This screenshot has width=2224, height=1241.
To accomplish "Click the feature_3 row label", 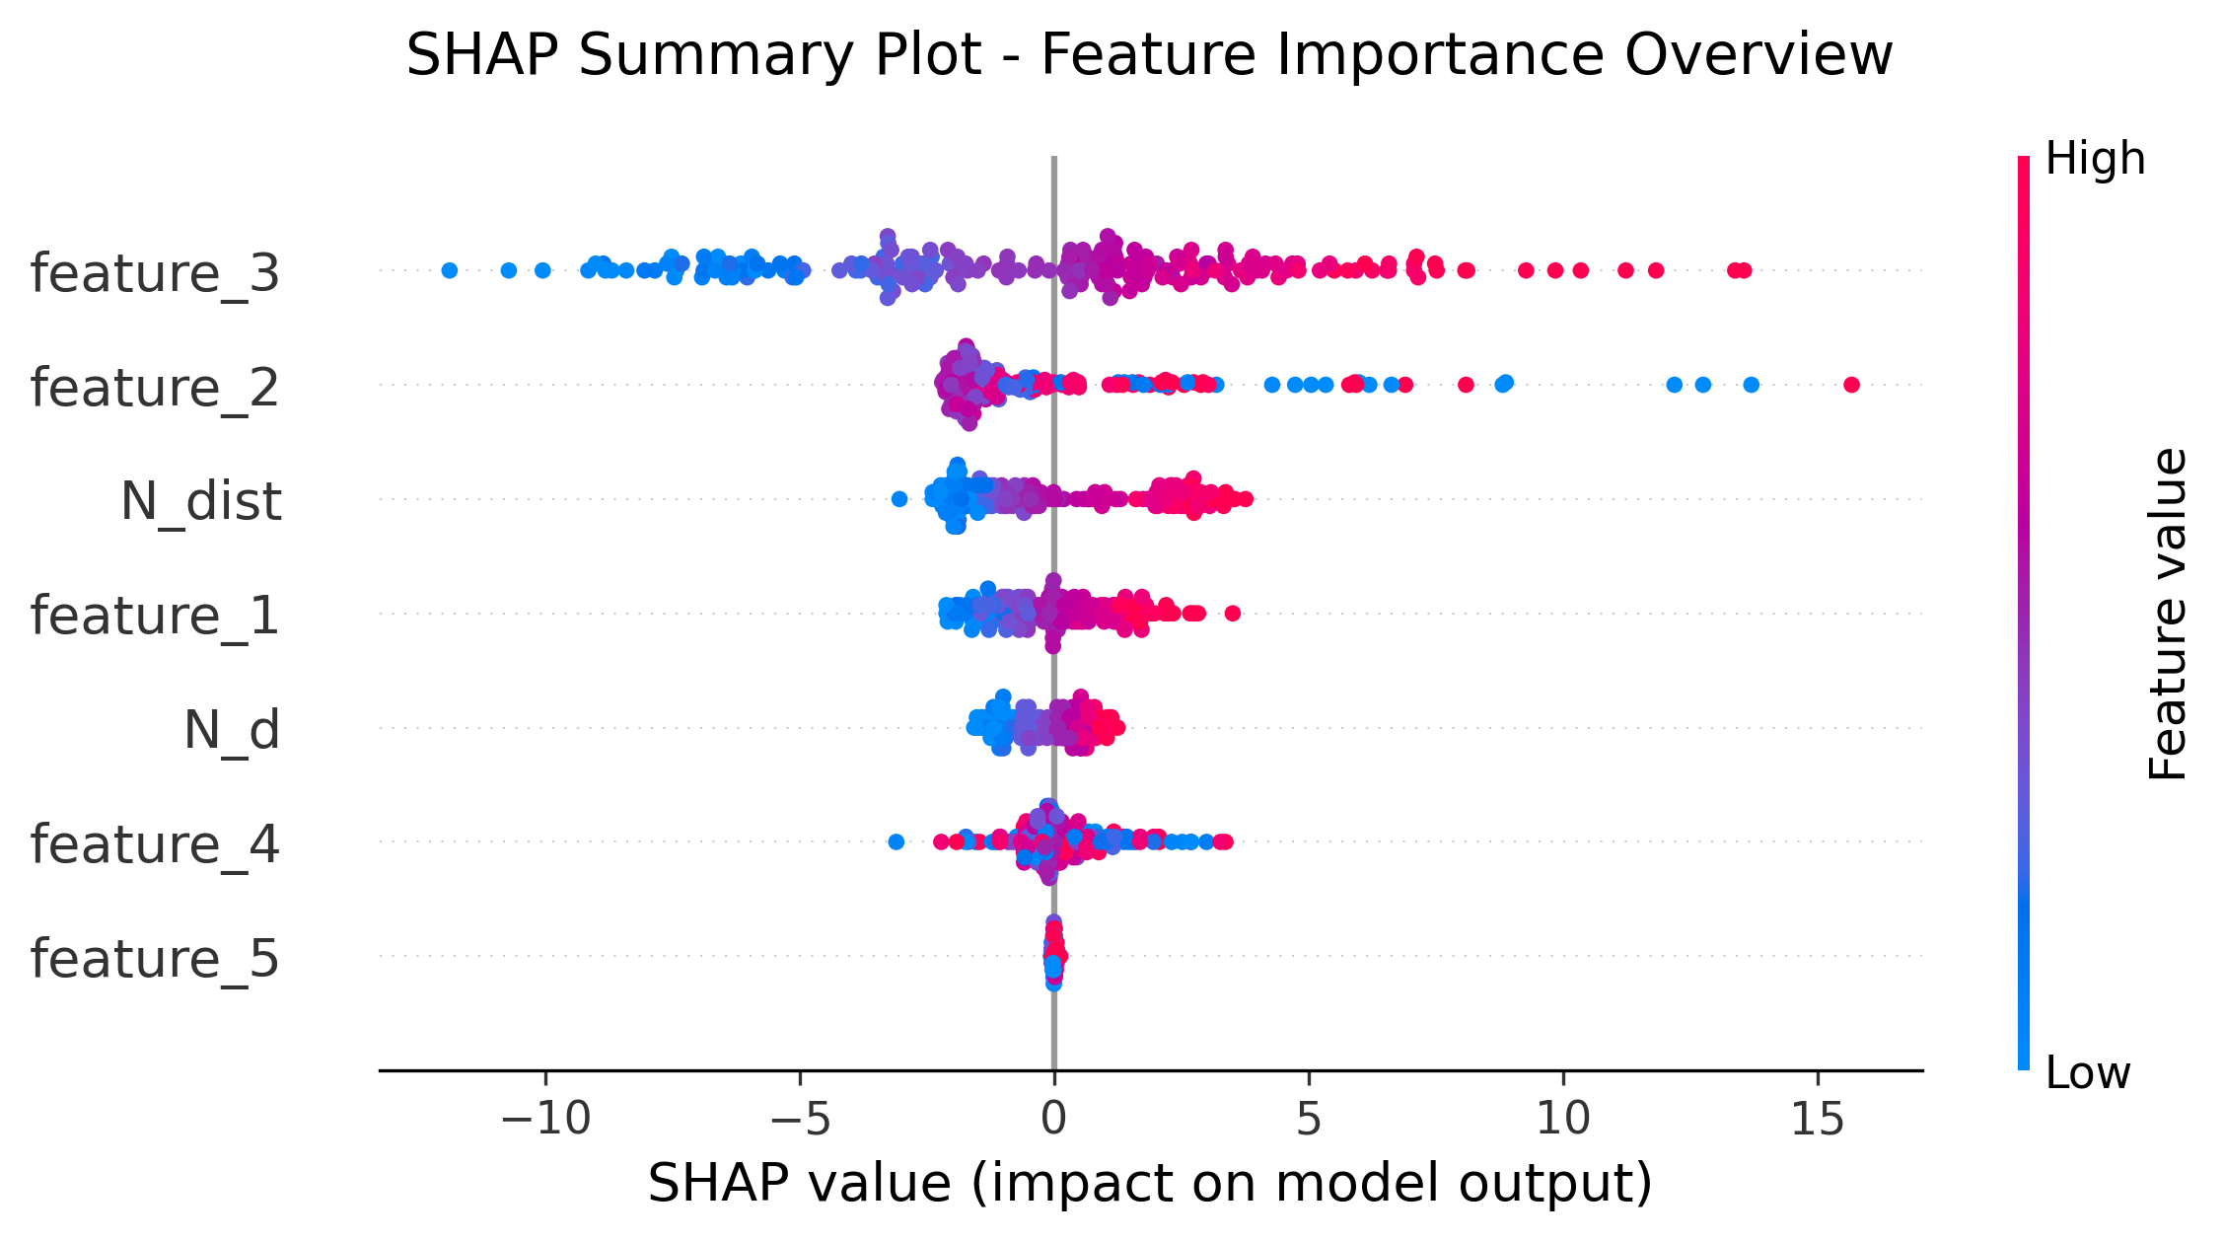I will click(155, 273).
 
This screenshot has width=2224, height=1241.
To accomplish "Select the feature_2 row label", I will click(155, 388).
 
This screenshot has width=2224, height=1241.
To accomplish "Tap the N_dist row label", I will click(201, 501).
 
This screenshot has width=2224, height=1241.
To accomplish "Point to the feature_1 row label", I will click(155, 616).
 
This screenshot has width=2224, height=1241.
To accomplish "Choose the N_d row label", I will click(232, 730).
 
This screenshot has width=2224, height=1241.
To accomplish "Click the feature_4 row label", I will click(155, 844).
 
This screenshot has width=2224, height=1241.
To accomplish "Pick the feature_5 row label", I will click(155, 959).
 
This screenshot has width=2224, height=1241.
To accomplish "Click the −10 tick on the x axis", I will click(545, 1119).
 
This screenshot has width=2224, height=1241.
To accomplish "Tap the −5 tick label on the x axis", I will click(800, 1119).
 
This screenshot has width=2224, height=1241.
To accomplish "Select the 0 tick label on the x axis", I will click(1054, 1119).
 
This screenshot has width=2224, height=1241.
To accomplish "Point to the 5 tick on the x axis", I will click(1309, 1119).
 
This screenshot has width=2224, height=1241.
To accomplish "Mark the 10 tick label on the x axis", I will click(1563, 1119).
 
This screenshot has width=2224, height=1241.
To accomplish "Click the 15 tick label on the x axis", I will click(1818, 1119).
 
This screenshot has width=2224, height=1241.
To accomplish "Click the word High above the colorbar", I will click(2095, 159).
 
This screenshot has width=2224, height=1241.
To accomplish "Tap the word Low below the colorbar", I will click(2088, 1073).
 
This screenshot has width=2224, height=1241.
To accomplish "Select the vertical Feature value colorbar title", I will click(2167, 614).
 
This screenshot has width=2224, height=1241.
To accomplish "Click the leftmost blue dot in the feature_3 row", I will click(450, 270).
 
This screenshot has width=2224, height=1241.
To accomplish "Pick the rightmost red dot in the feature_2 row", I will click(1851, 385).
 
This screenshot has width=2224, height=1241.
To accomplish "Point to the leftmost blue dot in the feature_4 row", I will click(896, 841).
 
